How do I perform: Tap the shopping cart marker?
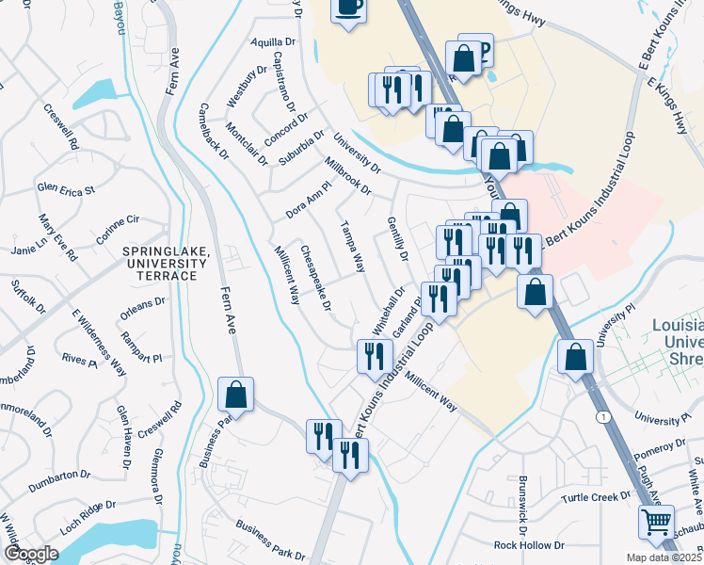point(656,520)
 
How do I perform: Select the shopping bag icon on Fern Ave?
point(235,395)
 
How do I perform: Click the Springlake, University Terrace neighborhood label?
point(159,263)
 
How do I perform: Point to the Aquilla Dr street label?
point(273,43)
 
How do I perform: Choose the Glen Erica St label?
point(66,189)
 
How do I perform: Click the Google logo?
point(31,554)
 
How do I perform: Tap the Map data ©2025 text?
point(664,557)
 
